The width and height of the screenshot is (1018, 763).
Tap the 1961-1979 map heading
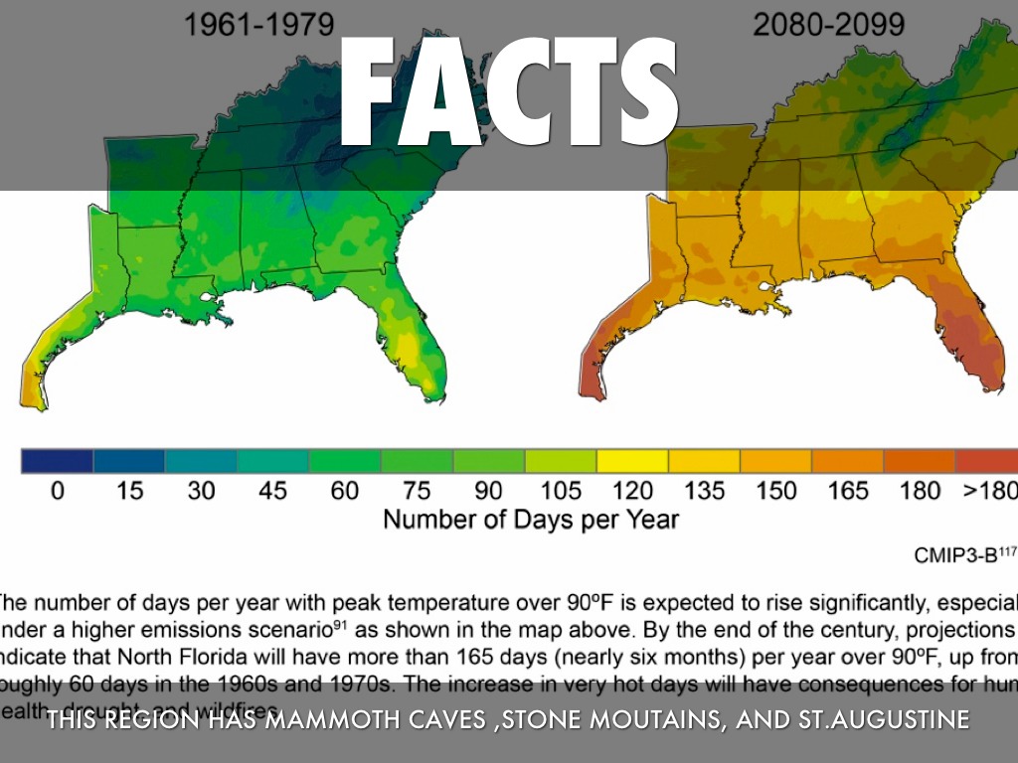[257, 24]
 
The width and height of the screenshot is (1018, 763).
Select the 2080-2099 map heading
[829, 24]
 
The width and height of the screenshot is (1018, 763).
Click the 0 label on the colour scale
[57, 491]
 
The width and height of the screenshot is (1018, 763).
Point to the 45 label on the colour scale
[272, 491]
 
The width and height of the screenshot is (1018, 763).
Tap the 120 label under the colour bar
[633, 491]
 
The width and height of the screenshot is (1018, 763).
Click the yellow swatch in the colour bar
[632, 461]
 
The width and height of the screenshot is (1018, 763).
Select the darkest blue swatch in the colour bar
[57, 461]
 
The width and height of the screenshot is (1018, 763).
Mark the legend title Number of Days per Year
[531, 520]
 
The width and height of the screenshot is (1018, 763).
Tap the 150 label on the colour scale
[776, 491]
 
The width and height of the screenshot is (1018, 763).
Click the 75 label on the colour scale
[417, 491]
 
